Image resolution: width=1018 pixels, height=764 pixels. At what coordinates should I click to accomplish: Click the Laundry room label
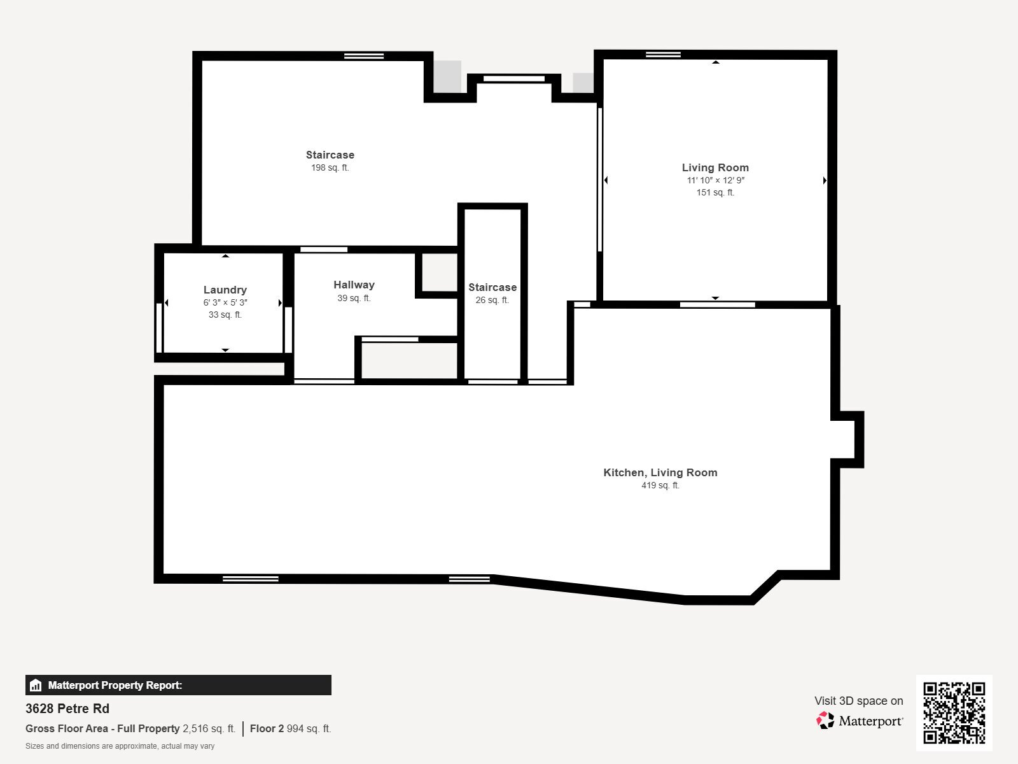point(225,290)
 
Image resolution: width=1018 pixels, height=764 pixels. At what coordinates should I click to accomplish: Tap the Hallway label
point(354,285)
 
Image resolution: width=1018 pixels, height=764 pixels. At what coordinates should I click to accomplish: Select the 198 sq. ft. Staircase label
point(330,155)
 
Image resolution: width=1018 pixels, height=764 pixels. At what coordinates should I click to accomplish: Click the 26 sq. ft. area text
point(492,300)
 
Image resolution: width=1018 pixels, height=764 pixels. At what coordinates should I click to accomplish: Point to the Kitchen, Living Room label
point(660,472)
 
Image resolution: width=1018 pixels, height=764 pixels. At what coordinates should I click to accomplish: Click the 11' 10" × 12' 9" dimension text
point(715,180)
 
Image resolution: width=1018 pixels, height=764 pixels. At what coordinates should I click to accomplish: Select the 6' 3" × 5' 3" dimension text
point(225,302)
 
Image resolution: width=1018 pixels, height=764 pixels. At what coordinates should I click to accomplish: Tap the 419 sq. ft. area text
point(660,485)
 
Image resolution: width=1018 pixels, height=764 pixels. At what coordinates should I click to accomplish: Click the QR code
point(954,712)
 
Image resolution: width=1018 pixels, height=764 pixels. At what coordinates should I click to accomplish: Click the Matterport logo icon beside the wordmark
point(825,721)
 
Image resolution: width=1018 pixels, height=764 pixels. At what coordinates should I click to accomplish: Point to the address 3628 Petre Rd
point(67,709)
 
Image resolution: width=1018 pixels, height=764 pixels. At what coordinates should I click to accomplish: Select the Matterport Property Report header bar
point(178,685)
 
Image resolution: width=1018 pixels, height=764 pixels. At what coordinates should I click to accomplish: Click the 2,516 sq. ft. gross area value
point(209,728)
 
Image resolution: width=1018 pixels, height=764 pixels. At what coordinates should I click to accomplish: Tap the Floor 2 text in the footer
point(267,728)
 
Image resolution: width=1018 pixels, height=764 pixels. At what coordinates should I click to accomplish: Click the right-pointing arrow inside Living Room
point(825,181)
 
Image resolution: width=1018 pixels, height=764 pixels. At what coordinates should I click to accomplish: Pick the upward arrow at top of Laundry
point(225,256)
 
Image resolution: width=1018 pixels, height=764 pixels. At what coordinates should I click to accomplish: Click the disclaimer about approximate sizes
point(120,746)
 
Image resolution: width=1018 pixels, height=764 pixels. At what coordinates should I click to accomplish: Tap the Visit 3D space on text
point(858,700)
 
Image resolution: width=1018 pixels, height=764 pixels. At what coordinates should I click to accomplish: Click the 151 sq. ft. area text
point(715,192)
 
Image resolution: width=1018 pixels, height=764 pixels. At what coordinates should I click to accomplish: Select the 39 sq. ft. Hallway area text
point(354,298)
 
